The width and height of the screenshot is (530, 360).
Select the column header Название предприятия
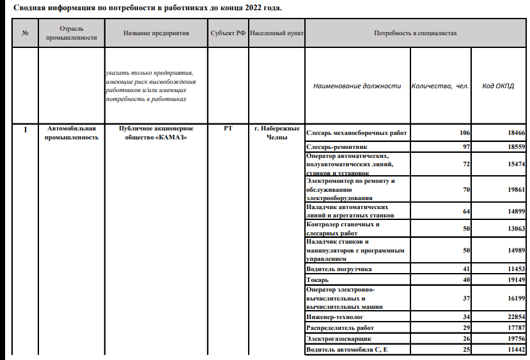(x=156, y=33)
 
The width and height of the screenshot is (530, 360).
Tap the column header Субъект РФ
(x=228, y=33)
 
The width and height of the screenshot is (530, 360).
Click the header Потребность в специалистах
(x=416, y=33)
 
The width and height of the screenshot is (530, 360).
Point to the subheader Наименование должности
(x=357, y=86)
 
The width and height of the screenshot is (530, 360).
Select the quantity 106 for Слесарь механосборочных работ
(x=464, y=132)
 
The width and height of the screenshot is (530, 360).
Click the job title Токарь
(x=317, y=279)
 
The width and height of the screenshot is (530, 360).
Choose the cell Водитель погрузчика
(x=339, y=269)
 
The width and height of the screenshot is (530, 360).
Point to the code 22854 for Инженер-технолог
(x=515, y=317)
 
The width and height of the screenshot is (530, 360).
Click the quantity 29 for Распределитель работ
(x=465, y=327)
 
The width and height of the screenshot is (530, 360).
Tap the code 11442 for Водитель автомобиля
(x=515, y=349)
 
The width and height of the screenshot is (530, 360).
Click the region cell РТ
(x=228, y=129)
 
